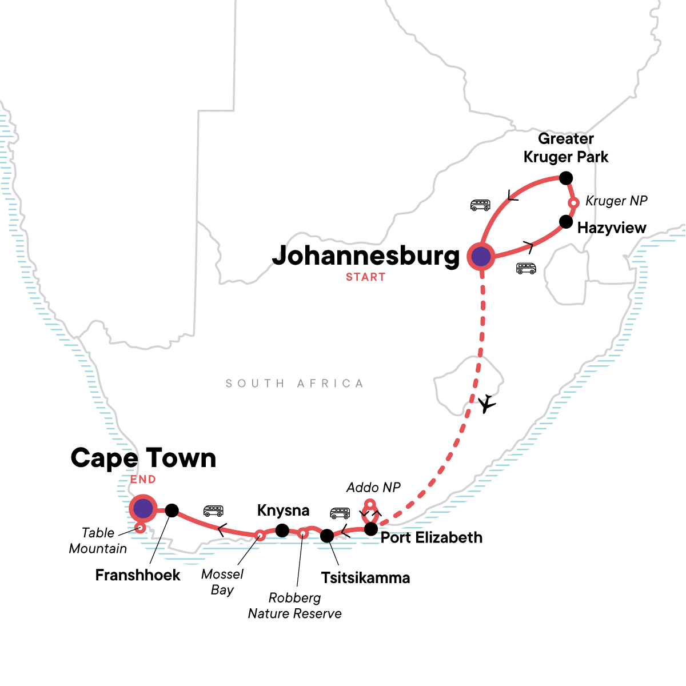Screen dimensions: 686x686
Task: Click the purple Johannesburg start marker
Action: [x=481, y=257]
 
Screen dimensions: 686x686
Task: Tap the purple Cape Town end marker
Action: [x=142, y=508]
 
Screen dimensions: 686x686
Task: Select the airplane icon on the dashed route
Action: [x=486, y=404]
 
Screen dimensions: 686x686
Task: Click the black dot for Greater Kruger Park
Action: [x=565, y=178]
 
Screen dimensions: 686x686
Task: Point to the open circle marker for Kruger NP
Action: [x=574, y=202]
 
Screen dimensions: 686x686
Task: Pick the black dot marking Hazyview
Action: [x=565, y=221]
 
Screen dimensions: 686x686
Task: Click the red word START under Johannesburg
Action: [x=365, y=277]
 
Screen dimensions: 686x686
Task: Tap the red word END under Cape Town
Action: [x=143, y=480]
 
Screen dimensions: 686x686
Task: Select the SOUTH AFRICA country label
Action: [x=294, y=384]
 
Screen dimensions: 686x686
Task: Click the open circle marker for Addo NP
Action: [x=370, y=504]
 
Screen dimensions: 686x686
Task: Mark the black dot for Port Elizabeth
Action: [x=371, y=529]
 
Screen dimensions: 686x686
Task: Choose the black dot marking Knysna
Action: [x=282, y=531]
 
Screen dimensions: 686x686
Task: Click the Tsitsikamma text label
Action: [x=365, y=577]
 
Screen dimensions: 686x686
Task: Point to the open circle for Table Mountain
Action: [x=139, y=528]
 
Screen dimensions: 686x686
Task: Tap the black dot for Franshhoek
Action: [x=171, y=510]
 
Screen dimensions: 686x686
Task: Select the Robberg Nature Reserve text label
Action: [x=294, y=606]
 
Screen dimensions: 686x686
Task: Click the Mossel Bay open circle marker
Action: [x=260, y=535]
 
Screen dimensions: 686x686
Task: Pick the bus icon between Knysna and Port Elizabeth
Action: [x=340, y=513]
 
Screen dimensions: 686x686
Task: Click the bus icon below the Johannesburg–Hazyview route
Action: [x=526, y=268]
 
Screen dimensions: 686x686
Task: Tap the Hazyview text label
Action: [x=611, y=228]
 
